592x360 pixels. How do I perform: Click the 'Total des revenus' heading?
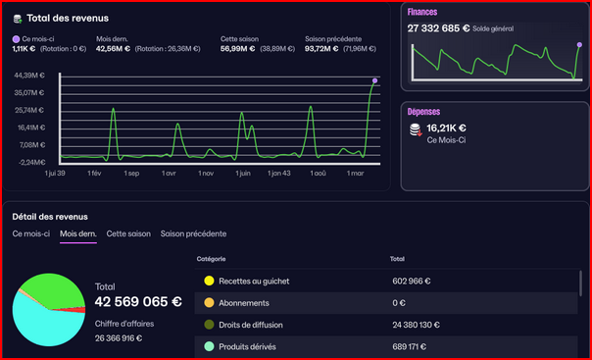tap(68, 18)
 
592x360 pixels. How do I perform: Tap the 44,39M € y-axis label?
tap(30, 75)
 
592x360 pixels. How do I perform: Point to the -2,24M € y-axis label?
tap(31, 162)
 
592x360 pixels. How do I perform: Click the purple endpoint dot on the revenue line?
tap(375, 80)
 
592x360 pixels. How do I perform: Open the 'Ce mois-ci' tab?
tap(30, 233)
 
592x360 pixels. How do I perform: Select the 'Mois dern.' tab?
tap(77, 233)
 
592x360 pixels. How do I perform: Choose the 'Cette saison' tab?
tap(128, 233)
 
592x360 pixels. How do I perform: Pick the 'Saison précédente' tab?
tap(193, 233)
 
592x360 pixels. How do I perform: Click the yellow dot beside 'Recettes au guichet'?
tap(209, 281)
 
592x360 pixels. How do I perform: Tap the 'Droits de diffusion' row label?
tap(251, 325)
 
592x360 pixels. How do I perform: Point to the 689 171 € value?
tap(412, 346)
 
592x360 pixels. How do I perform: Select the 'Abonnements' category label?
tap(245, 303)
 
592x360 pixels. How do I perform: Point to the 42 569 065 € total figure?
tap(138, 301)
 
